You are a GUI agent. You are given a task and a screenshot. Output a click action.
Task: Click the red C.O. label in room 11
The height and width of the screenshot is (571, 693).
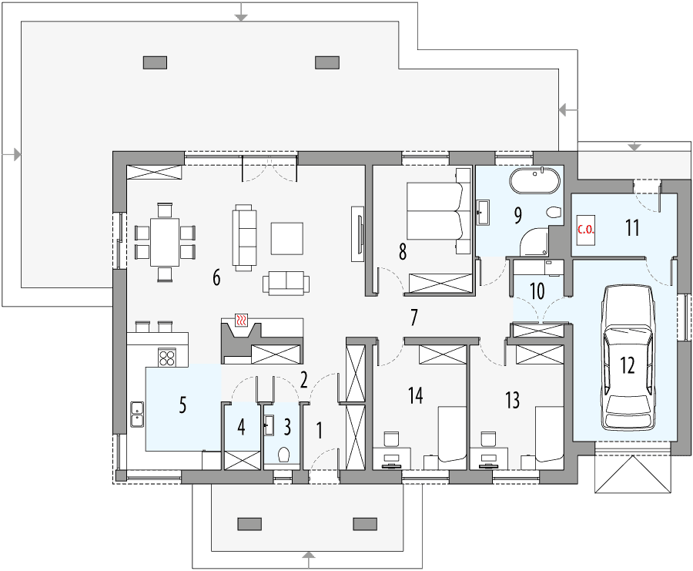coord(585,229)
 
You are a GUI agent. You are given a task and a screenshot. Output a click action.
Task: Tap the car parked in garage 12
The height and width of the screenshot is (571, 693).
coord(627,357)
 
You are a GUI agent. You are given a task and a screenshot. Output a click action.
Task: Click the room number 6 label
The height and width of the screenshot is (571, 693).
coord(216,278)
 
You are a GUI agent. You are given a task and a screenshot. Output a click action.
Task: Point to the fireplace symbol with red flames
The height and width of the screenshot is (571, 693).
coord(242,321)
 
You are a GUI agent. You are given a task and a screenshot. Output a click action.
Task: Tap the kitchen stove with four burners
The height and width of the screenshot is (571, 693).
coord(167,357)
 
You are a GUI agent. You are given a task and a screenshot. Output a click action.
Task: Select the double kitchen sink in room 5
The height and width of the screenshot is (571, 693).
coord(137,413)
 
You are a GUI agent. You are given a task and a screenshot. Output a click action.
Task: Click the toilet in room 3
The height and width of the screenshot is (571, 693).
coord(283,455)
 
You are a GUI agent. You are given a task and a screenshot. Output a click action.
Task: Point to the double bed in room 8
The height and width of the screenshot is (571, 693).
coord(437,213)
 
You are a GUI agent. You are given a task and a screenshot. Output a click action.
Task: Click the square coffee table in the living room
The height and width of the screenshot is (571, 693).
coord(287,237)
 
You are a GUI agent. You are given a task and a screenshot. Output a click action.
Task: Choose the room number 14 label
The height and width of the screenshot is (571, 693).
coord(416,396)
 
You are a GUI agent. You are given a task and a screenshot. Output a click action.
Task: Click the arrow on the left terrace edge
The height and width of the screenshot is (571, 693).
coord(15,155)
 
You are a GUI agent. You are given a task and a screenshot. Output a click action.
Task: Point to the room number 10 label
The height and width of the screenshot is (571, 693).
coord(537,291)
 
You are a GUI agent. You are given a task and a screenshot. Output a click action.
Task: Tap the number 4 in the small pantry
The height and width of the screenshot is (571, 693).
coord(241,426)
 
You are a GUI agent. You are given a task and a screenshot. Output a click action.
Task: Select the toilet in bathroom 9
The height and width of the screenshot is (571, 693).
coord(552,213)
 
